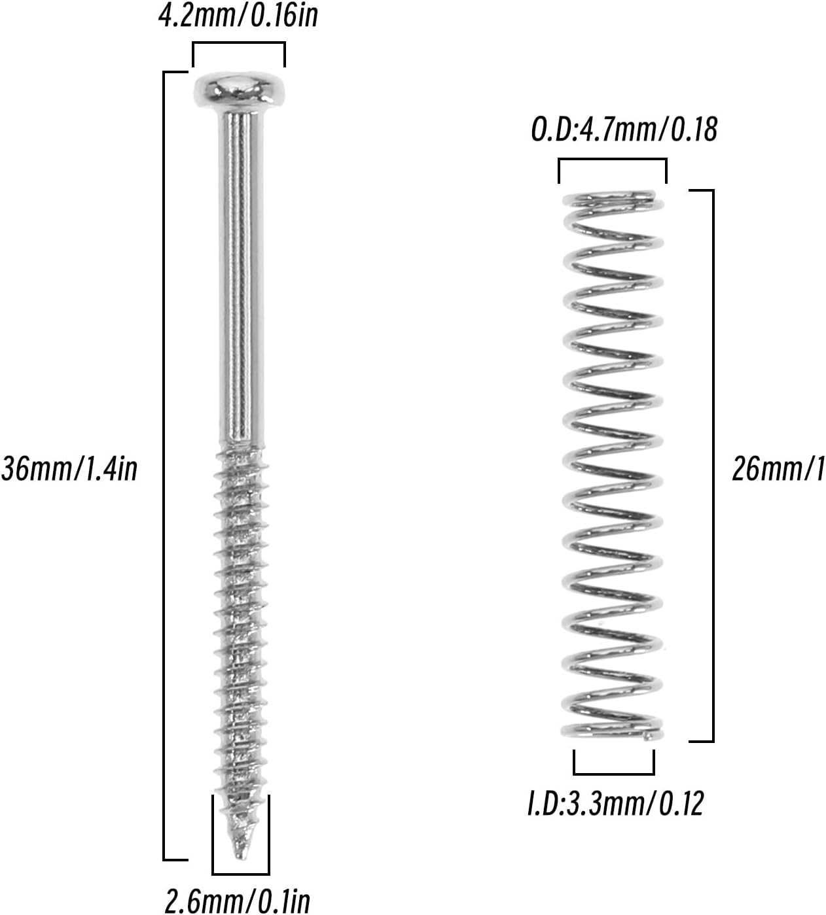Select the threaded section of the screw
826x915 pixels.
(240, 647)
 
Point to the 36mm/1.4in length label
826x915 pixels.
(69, 470)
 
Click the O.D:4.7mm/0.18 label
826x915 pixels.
(624, 129)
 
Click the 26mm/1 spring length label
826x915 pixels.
(778, 469)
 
